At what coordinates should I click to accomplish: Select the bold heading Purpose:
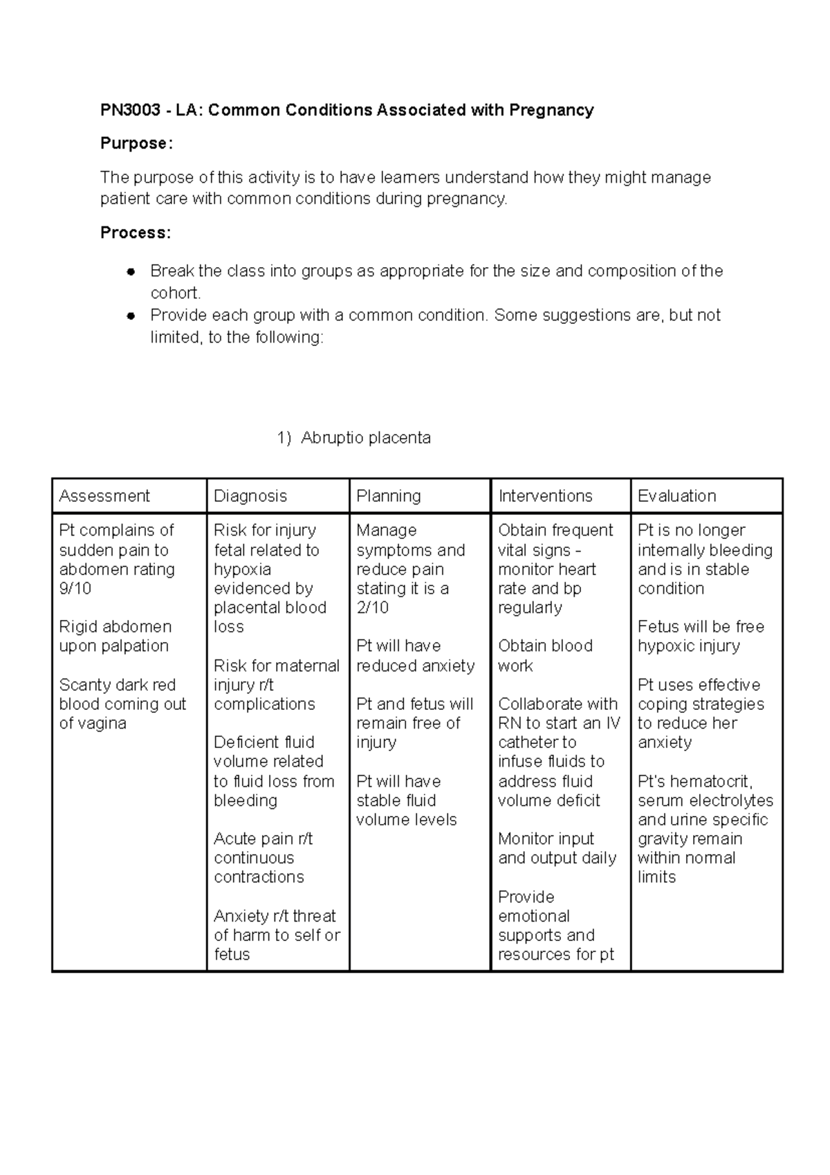136,144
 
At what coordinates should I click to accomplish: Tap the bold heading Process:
136,233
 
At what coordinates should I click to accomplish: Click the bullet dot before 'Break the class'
129,271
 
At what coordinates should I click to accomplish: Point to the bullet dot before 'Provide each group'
129,316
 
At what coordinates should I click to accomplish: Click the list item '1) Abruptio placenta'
353,438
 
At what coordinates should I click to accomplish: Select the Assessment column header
104,496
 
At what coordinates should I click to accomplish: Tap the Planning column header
388,496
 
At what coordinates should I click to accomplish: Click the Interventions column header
545,496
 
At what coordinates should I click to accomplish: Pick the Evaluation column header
676,496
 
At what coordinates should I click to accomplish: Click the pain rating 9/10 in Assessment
75,589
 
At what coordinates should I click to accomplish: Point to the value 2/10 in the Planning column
372,608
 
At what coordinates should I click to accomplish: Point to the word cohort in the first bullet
174,293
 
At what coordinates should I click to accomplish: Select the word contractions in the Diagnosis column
259,877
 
